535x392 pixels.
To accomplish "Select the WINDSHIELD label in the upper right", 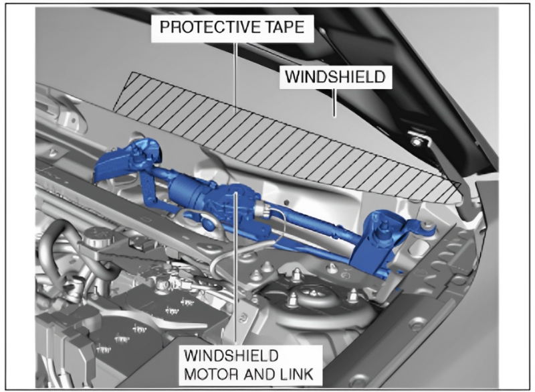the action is coord(336,76).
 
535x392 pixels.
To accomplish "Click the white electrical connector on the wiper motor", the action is coord(262,209).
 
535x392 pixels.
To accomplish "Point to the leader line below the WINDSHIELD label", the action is coord(334,103).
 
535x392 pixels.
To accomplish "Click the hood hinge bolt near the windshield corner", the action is coord(415,141).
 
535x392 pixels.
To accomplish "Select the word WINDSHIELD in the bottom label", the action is coord(231,356).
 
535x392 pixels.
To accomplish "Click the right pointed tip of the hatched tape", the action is coord(461,184).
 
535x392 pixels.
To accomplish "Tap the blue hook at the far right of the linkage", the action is coord(428,229).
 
